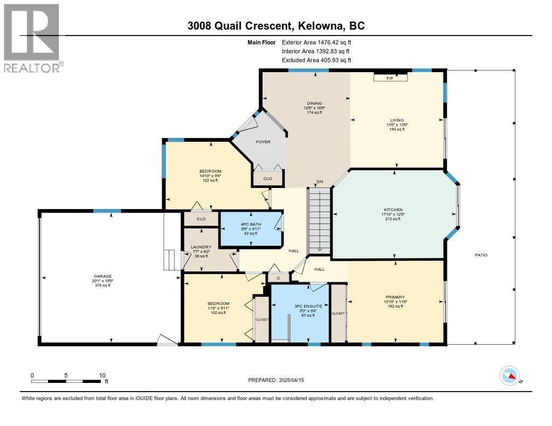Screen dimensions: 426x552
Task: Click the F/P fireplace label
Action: pyautogui.click(x=390, y=79)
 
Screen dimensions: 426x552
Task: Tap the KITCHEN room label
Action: pyautogui.click(x=393, y=209)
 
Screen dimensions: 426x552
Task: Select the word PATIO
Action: pyautogui.click(x=481, y=255)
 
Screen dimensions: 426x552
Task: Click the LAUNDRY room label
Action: pyautogui.click(x=201, y=247)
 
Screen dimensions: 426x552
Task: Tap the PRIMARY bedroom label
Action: pyautogui.click(x=395, y=296)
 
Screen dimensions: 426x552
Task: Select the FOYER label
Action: pyautogui.click(x=263, y=142)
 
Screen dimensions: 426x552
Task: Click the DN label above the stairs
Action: pyautogui.click(x=319, y=181)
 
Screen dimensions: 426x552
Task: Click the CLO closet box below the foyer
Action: pyautogui.click(x=267, y=178)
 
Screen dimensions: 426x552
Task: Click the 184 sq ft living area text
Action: pyautogui.click(x=397, y=129)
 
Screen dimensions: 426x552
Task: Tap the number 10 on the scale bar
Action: pyautogui.click(x=102, y=375)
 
